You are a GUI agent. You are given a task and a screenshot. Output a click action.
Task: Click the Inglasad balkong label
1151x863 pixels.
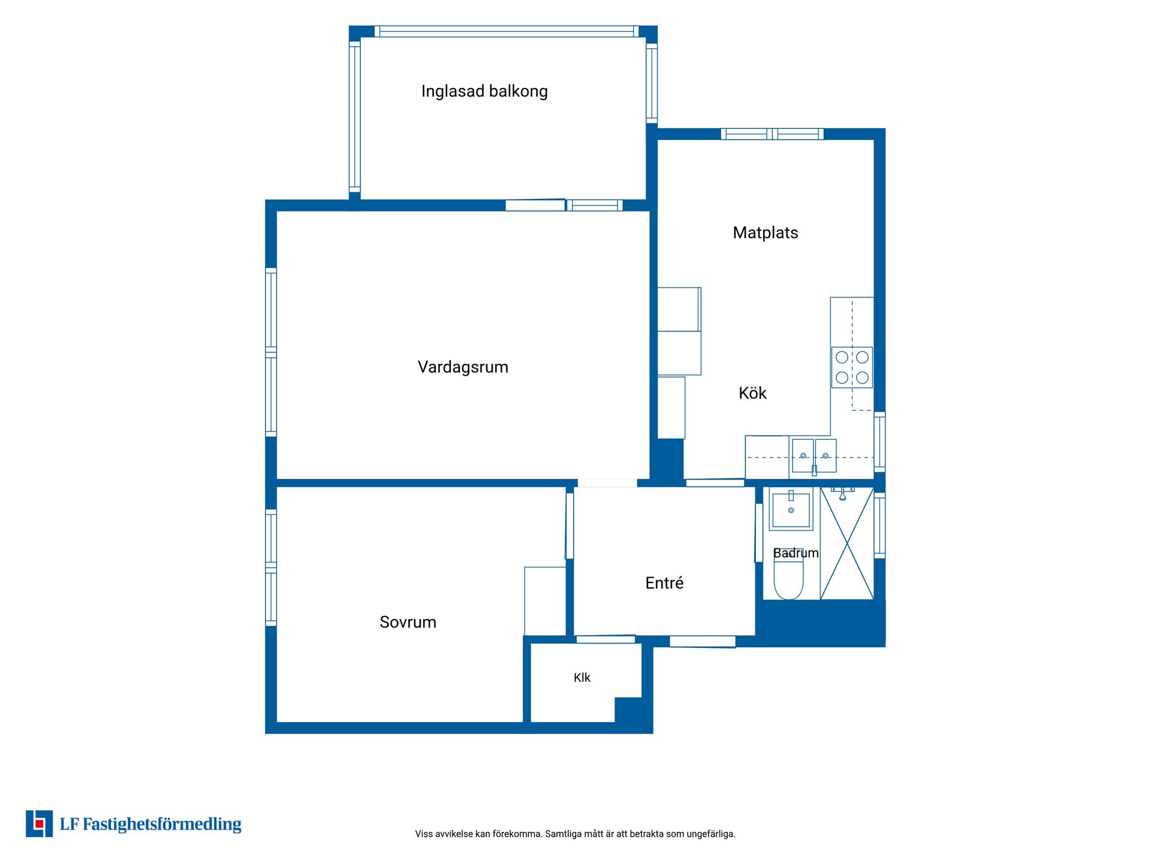484,91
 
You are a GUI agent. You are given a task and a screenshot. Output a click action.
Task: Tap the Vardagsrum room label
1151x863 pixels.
463,367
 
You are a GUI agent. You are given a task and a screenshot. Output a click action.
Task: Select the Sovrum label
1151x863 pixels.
408,622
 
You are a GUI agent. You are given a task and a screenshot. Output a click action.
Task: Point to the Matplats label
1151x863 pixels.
766,233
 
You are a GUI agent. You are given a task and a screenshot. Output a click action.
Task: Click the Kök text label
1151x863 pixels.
752,393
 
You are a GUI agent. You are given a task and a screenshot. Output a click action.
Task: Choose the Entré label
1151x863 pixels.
664,583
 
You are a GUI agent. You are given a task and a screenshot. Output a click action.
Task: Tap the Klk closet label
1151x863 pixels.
582,678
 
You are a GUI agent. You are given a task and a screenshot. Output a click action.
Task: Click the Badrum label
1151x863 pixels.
796,553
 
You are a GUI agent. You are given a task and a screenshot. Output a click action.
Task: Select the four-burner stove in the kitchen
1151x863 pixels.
852,367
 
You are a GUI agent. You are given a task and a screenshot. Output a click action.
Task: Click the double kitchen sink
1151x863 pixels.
814,456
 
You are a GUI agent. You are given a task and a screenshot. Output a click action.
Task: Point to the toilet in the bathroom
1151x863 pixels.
788,575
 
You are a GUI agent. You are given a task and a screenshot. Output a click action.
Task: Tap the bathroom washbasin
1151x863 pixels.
791,510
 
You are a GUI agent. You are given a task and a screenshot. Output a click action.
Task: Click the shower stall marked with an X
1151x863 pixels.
847,544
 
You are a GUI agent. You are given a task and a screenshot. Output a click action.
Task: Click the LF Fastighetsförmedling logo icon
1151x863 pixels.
39,823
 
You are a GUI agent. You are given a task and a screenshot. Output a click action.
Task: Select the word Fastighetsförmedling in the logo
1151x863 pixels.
162,825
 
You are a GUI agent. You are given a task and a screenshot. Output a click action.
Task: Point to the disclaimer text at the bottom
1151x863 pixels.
575,834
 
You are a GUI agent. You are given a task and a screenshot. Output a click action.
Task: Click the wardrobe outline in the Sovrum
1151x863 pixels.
545,601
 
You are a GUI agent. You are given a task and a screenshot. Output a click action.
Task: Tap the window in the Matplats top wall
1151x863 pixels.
772,134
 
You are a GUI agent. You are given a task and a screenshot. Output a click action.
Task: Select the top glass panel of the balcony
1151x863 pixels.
507,32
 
